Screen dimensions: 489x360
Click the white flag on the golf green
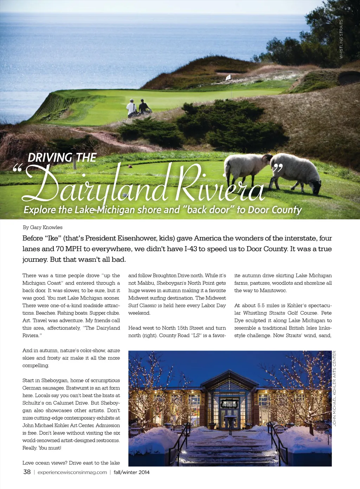tap(228, 77)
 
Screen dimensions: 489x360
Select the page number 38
tap(27, 472)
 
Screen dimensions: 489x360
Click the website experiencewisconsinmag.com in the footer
tap(72, 472)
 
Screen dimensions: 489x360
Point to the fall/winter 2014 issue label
tap(131, 472)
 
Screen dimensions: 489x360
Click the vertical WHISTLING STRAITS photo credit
tap(341, 39)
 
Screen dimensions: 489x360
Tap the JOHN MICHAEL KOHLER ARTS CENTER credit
tap(335, 389)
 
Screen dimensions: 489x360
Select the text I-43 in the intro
tap(191, 249)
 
